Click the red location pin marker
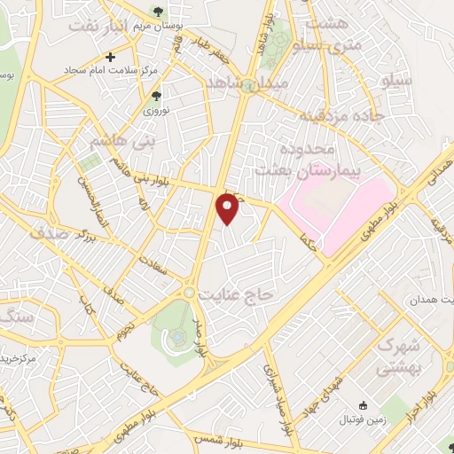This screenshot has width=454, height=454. [x=228, y=207]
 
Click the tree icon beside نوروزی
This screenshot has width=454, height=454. [x=157, y=96]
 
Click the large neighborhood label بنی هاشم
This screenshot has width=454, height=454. [x=104, y=139]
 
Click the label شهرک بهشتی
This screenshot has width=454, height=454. [x=400, y=355]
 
